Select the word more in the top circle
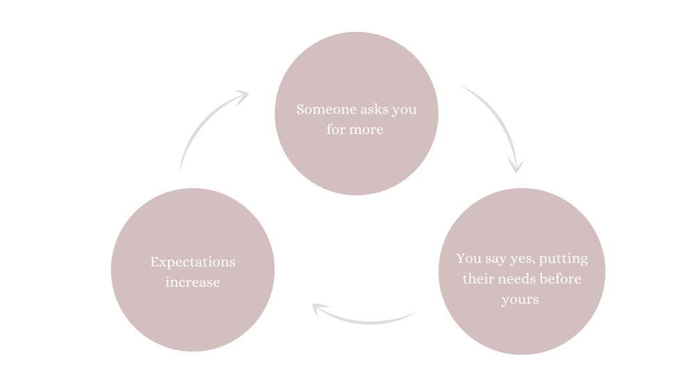click(368, 130)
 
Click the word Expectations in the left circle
click(193, 263)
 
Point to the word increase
click(193, 283)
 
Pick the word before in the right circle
click(560, 279)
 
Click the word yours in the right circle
click(520, 300)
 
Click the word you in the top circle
click(405, 110)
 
